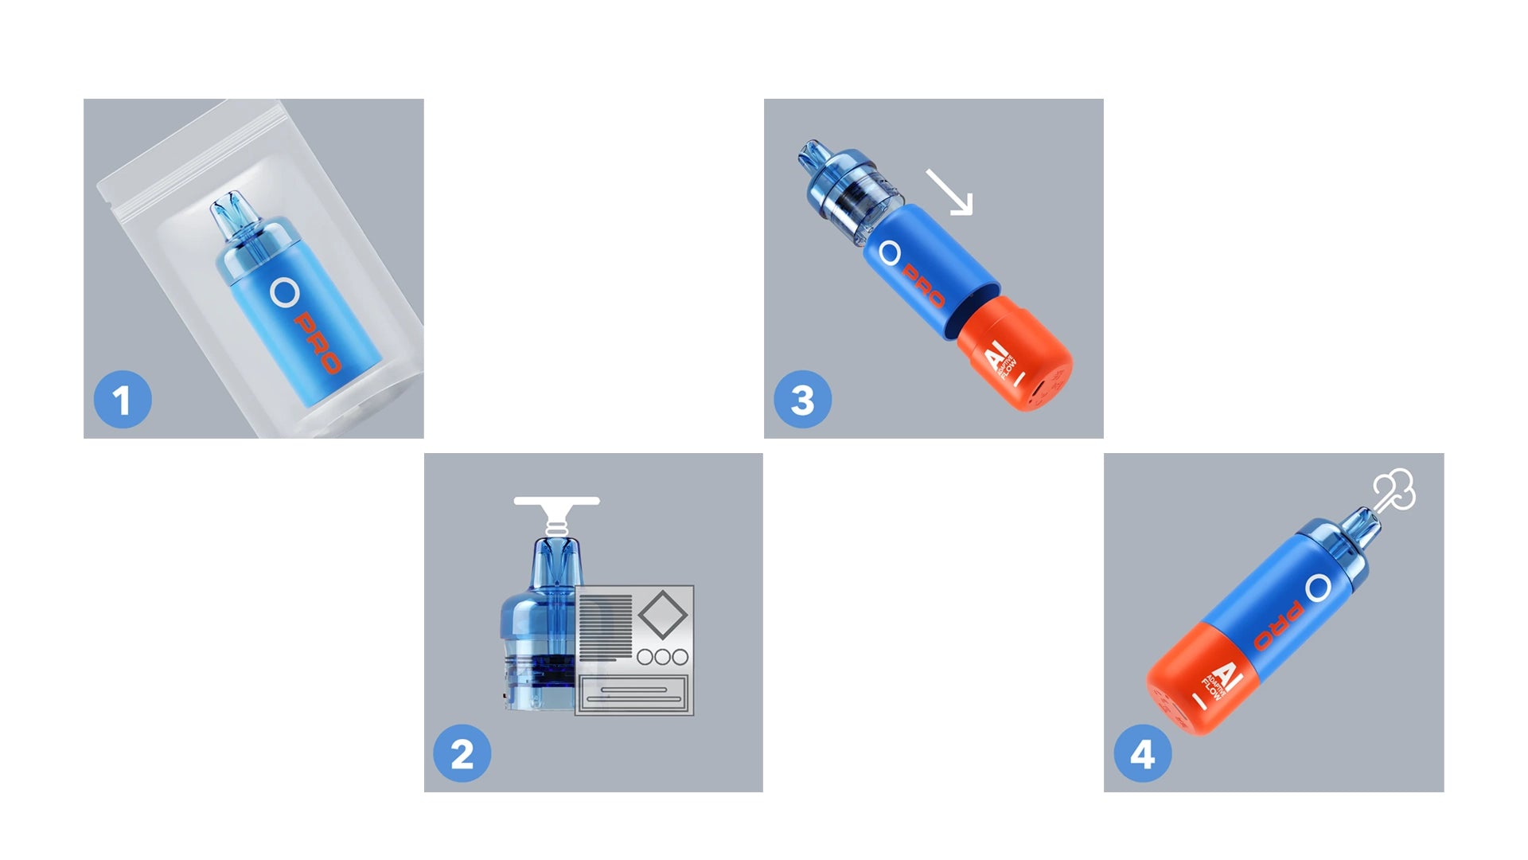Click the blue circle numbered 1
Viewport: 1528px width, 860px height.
[123, 400]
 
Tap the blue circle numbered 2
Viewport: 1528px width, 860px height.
[462, 753]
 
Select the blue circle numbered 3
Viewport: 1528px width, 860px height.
[802, 400]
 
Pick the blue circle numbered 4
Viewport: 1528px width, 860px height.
[1143, 753]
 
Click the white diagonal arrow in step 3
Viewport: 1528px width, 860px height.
[949, 192]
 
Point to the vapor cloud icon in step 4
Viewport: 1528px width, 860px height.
[1395, 490]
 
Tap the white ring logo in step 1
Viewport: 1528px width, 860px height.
[284, 292]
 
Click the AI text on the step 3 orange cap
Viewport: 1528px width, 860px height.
[997, 354]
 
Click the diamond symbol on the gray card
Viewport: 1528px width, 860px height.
[662, 614]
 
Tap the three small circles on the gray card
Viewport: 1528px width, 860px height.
[662, 657]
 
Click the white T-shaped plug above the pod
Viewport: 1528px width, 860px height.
[556, 512]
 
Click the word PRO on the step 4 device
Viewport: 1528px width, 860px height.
[1278, 626]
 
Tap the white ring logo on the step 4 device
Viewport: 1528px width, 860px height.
[1318, 588]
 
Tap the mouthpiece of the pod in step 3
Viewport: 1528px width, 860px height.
[815, 155]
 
